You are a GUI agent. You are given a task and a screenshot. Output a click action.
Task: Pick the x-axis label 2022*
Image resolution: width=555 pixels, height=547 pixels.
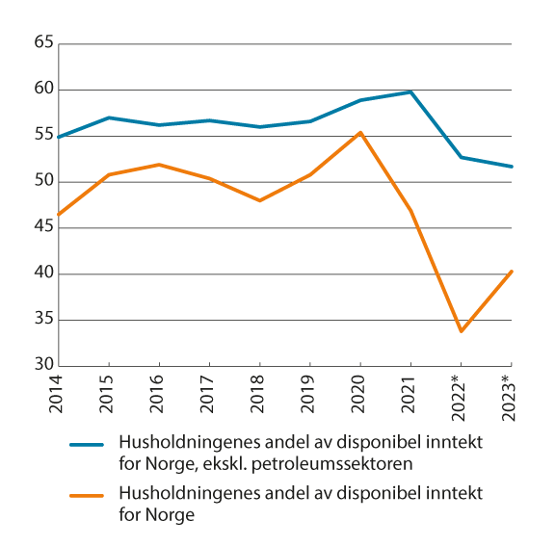[460, 397]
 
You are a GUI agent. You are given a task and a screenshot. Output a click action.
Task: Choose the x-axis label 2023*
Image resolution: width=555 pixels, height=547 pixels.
[510, 397]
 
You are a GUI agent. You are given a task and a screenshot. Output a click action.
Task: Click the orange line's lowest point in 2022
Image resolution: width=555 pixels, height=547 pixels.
[461, 331]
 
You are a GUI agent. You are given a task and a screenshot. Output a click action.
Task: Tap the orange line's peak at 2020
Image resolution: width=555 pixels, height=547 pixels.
[360, 132]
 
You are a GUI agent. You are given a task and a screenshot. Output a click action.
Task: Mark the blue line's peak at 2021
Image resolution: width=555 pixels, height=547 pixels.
[410, 91]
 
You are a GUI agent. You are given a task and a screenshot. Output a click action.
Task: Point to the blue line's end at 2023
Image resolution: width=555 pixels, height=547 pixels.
[512, 167]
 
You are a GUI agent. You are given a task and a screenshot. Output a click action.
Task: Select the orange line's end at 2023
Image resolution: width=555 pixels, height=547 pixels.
[512, 271]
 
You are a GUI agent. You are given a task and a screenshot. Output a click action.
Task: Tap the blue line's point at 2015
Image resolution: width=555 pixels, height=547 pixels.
[110, 117]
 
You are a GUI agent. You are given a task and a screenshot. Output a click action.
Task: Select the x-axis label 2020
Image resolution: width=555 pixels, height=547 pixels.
[360, 394]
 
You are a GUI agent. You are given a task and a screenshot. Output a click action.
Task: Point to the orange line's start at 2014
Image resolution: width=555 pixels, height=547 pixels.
[60, 215]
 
